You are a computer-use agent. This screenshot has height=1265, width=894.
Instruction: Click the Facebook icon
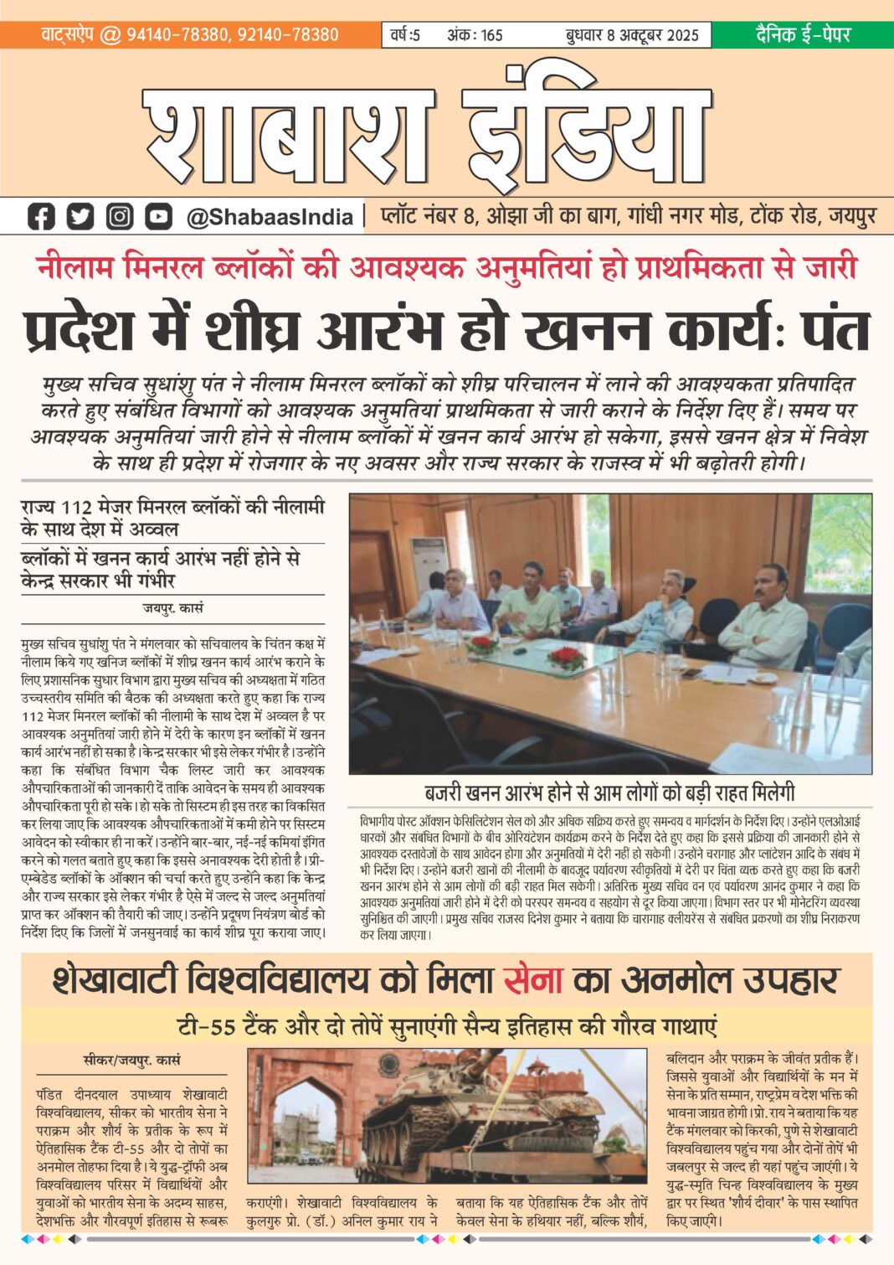[41, 216]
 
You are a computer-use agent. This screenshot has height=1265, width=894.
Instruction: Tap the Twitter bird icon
[80, 216]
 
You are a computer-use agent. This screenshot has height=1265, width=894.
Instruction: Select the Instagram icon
[120, 216]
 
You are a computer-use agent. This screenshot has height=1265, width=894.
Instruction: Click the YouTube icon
[158, 216]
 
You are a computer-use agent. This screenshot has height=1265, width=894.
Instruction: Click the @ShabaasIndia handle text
[270, 217]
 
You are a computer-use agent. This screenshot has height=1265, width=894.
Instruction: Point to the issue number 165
[491, 35]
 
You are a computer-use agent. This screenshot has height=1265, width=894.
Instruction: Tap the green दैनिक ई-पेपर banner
[803, 34]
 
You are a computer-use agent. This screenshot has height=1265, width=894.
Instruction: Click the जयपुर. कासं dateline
[172, 607]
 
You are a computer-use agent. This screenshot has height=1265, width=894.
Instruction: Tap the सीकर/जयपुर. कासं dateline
[132, 1060]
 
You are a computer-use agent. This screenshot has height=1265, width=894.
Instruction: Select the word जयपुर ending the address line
[852, 216]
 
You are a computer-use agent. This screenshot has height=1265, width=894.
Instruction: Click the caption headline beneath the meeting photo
[609, 792]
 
